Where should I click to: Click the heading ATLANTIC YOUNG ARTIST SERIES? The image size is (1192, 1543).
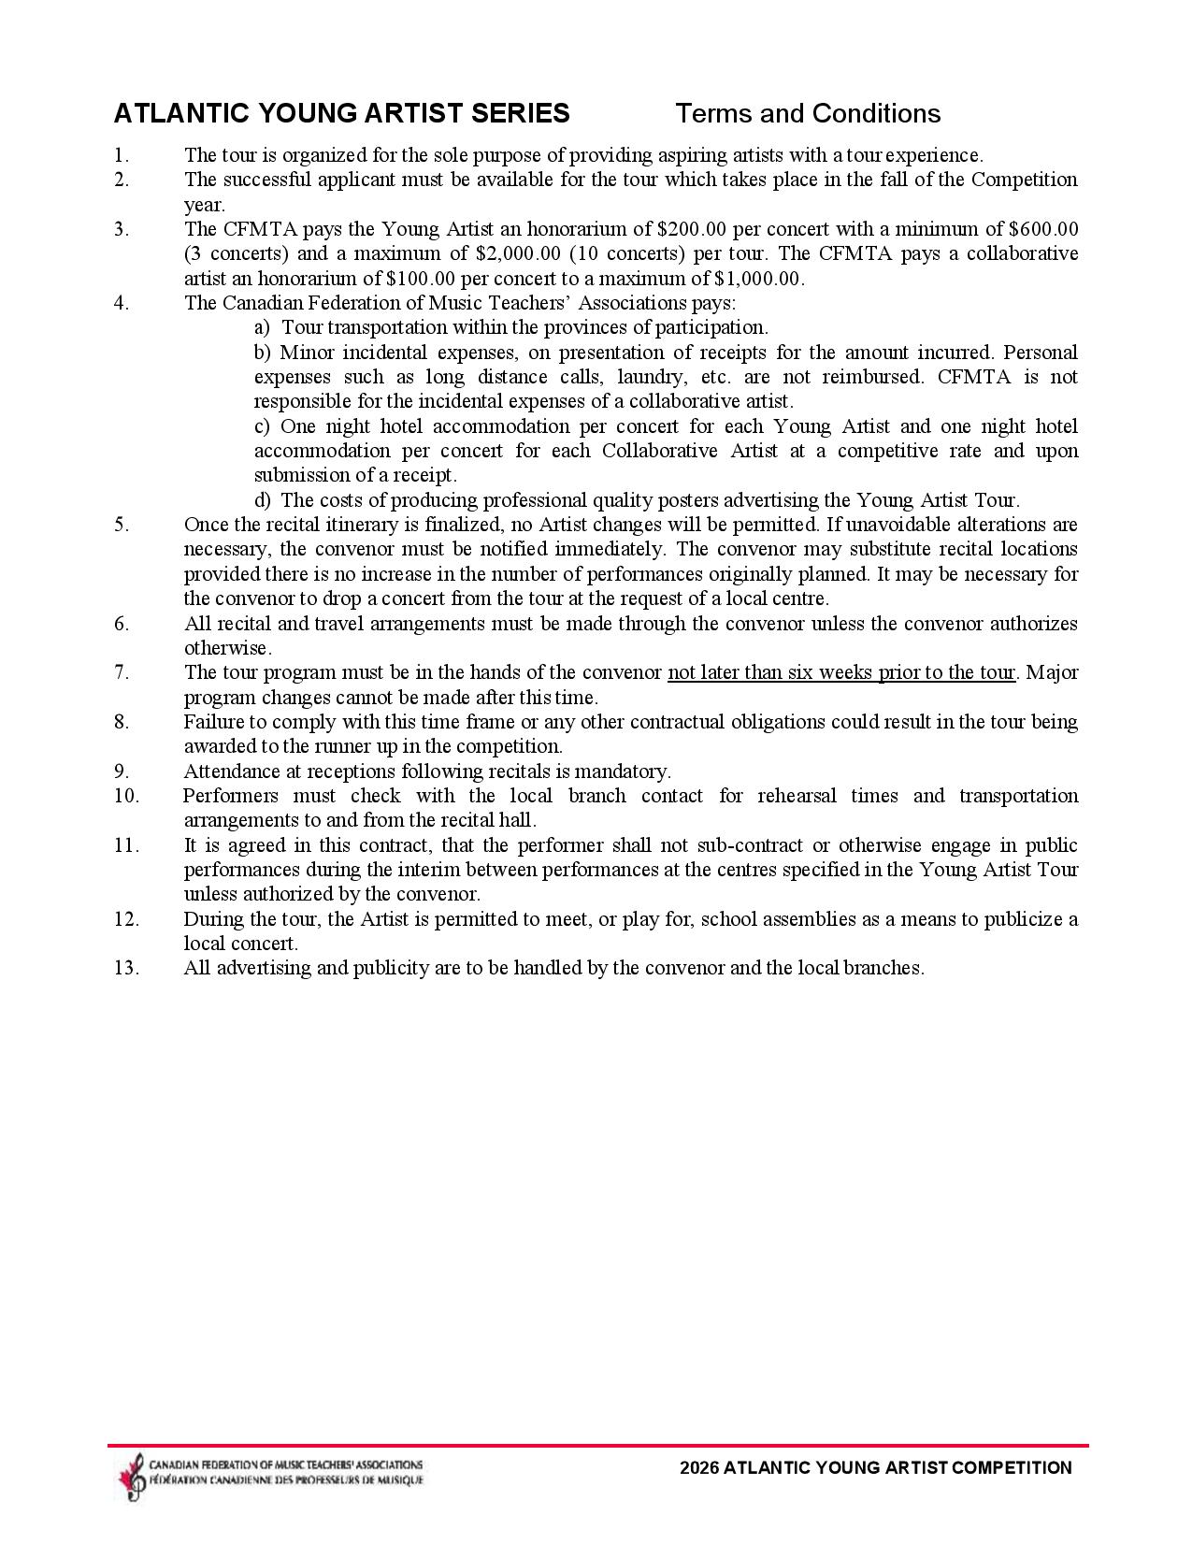tap(341, 114)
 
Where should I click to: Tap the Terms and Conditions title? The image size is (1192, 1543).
tap(807, 114)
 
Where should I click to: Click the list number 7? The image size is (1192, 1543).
tap(122, 672)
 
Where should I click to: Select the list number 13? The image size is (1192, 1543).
tap(126, 968)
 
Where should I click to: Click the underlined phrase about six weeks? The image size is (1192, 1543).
tap(840, 672)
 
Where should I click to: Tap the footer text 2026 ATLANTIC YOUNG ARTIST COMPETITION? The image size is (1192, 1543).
tap(876, 1468)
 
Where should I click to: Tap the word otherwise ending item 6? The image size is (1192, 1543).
tap(226, 648)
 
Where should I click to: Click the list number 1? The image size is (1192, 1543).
tap(120, 155)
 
